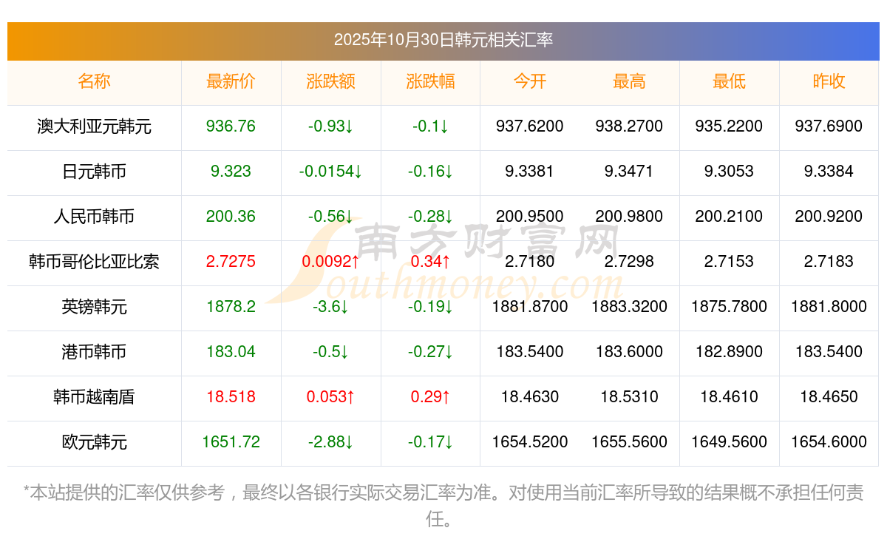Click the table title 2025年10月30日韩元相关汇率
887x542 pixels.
coord(443,40)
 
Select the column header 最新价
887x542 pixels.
coord(231,81)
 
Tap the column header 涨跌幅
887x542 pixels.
coord(430,81)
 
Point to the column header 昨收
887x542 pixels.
coord(829,81)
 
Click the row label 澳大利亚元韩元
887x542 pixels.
coord(94,126)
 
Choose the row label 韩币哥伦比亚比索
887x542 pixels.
coord(94,262)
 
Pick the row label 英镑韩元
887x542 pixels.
coord(94,307)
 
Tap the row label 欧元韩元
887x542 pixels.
coord(94,442)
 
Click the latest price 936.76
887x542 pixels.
coord(231,126)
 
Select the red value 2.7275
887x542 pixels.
coord(231,262)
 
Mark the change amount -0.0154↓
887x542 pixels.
coord(330,172)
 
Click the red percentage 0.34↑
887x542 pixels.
coord(430,262)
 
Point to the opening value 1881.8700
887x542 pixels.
coord(529,307)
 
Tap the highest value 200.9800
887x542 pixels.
coord(629,217)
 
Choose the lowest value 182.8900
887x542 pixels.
coord(729,352)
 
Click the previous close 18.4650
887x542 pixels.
coord(829,397)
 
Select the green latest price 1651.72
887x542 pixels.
coord(231,442)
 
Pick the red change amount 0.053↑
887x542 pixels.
coord(330,397)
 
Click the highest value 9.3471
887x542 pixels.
coord(629,172)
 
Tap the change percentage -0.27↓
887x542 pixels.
coord(430,352)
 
